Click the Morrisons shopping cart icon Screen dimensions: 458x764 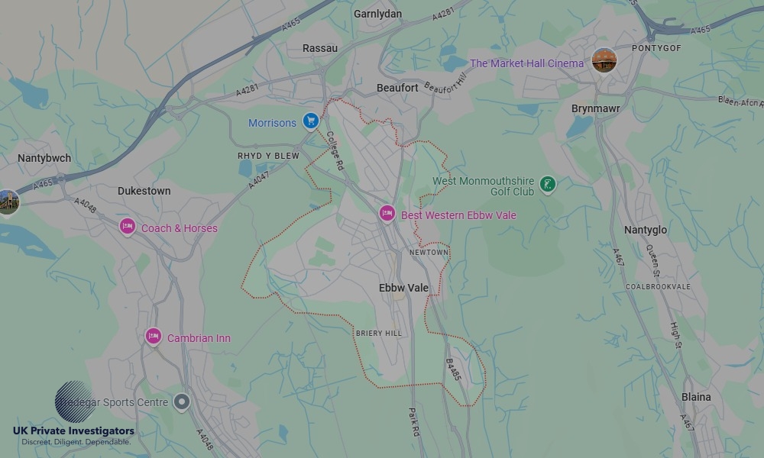click(310, 121)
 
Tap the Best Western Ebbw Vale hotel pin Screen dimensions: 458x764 click(387, 214)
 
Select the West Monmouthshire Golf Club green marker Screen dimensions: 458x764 click(547, 183)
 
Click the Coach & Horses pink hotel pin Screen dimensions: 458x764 click(128, 227)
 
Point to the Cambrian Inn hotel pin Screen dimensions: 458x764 click(154, 337)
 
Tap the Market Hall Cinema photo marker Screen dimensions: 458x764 click(604, 61)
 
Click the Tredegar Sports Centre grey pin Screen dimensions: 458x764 click(181, 402)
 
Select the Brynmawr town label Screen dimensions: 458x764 click(596, 108)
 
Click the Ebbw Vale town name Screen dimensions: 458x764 click(403, 288)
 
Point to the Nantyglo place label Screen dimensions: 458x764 click(646, 230)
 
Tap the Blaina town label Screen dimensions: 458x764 click(696, 397)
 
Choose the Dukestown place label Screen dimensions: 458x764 click(144, 191)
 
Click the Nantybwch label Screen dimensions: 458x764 click(44, 158)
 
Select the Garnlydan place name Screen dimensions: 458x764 click(377, 14)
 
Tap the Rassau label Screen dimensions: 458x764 click(320, 48)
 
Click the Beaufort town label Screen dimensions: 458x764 click(397, 88)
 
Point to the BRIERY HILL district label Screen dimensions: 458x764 click(378, 334)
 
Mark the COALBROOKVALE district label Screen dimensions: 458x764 click(658, 286)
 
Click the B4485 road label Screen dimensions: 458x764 click(453, 369)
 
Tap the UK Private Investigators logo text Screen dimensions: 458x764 click(73, 431)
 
